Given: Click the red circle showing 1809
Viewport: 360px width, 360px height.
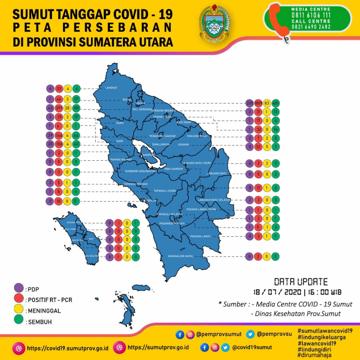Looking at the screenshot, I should click(x=258, y=103).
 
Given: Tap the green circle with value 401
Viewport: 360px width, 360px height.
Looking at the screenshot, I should click(x=276, y=103).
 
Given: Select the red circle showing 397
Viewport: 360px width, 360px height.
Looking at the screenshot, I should click(x=59, y=108).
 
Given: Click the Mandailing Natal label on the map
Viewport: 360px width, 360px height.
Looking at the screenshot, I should click(x=181, y=256).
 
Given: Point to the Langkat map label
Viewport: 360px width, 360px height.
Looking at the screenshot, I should click(x=111, y=88).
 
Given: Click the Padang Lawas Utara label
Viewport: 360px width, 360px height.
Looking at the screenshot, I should click(x=201, y=209).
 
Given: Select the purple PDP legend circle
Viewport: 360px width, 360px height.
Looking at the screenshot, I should click(x=18, y=289).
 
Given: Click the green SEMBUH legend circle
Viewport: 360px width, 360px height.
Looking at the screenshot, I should click(x=18, y=321).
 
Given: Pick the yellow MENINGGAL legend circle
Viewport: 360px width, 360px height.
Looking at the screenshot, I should click(x=18, y=310).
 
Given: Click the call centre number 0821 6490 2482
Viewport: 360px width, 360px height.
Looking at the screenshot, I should click(x=310, y=27).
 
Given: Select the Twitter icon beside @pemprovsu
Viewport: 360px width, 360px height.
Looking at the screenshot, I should click(x=250, y=334).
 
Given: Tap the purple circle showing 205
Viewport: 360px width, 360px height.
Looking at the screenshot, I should click(x=250, y=103).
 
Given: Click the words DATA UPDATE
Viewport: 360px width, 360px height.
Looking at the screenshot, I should click(x=301, y=282).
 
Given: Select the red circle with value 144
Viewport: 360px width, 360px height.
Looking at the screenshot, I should click(x=59, y=135).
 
